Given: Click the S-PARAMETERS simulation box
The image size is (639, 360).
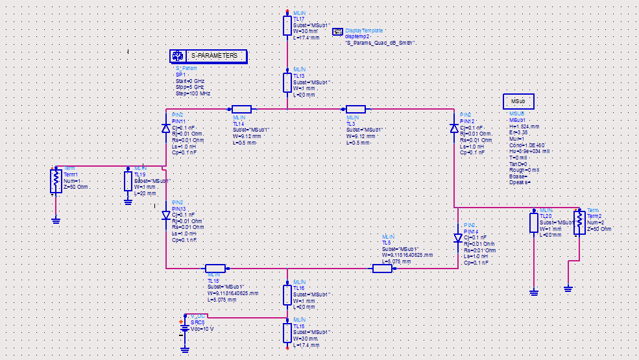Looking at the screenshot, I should pyautogui.click(x=208, y=56).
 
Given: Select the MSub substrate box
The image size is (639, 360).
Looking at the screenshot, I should pyautogui.click(x=518, y=102).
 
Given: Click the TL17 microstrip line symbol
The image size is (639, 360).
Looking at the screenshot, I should pyautogui.click(x=287, y=25).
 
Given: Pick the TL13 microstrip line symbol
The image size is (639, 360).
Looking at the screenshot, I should pyautogui.click(x=287, y=83).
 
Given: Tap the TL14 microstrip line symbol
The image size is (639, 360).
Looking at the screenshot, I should pyautogui.click(x=241, y=109).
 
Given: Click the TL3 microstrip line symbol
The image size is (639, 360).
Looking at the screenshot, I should pyautogui.click(x=356, y=109).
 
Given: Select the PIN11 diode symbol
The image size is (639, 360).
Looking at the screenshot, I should pyautogui.click(x=166, y=128).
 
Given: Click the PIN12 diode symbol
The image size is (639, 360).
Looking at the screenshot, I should pyautogui.click(x=454, y=128).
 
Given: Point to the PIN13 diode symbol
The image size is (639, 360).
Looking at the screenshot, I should pyautogui.click(x=166, y=215).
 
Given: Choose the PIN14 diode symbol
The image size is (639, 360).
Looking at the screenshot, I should pyautogui.click(x=459, y=237).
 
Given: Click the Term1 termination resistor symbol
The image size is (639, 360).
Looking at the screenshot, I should pyautogui.click(x=56, y=181).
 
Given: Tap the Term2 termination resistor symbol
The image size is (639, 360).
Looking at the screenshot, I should pyautogui.click(x=579, y=221).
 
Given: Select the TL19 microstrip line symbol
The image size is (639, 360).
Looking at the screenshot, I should pyautogui.click(x=128, y=181).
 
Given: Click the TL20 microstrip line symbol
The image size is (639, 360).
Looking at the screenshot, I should pyautogui.click(x=534, y=222).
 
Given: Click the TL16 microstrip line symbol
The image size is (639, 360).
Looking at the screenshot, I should pyautogui.click(x=287, y=295).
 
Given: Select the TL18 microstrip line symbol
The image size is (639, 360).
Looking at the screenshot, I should pyautogui.click(x=287, y=333).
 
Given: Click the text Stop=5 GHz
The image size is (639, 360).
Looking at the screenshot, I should pyautogui.click(x=189, y=87).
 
